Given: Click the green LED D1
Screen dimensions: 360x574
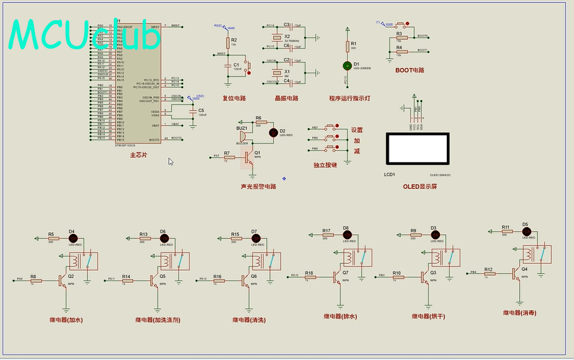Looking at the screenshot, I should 346,65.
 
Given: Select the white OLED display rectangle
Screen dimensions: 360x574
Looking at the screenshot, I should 417,150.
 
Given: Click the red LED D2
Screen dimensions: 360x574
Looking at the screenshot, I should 273,132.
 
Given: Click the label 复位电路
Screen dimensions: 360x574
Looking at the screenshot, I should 234,98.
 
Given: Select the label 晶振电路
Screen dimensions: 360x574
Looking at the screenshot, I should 286,98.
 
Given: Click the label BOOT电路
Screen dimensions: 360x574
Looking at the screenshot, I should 410,70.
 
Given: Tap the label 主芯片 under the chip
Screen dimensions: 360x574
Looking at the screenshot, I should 138,154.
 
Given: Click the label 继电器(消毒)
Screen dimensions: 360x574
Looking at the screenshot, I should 520,313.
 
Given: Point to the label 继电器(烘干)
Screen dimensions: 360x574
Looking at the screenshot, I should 429,316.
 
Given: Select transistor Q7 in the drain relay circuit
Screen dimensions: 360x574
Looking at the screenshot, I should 338,276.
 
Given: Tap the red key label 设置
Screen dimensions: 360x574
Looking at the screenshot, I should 357,130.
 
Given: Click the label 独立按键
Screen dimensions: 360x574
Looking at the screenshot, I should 325,164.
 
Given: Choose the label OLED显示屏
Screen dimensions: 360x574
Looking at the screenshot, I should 420,186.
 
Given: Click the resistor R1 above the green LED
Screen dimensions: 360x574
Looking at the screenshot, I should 346,46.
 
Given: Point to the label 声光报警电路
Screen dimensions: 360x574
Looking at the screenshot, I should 259,187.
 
